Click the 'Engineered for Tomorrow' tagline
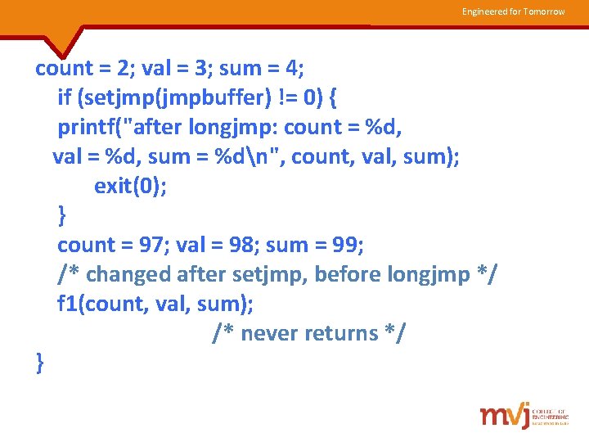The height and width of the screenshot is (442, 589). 513,11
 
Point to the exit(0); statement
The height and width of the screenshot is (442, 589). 130,186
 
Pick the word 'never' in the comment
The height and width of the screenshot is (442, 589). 269,333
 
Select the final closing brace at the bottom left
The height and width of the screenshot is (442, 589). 40,362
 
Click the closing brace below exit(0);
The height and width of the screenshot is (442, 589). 62,215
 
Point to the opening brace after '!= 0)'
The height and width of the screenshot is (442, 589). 331,98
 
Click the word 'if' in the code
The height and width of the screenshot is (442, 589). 65,98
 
